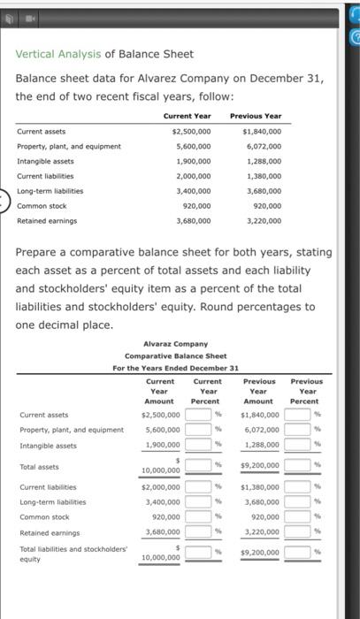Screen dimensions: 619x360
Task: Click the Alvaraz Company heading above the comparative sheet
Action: pos(174,344)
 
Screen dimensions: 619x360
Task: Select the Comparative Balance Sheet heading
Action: pos(174,355)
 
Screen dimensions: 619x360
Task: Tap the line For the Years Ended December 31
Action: pos(174,368)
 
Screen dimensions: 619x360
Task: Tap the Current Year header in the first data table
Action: pos(186,116)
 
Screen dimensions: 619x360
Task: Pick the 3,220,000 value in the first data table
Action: pos(262,221)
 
